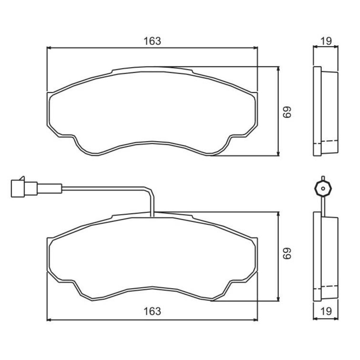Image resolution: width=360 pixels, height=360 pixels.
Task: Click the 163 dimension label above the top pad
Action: click(x=152, y=41)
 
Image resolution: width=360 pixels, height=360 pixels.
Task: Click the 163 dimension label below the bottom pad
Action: click(x=152, y=311)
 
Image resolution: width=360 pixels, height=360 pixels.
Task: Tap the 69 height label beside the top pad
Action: click(x=287, y=112)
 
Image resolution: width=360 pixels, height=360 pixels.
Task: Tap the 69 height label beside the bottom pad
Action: click(x=287, y=253)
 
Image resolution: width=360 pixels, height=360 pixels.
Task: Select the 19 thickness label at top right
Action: click(x=326, y=41)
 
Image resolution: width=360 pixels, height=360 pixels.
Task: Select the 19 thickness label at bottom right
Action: click(x=326, y=311)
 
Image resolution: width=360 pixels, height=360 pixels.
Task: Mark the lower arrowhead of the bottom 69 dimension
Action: click(x=279, y=299)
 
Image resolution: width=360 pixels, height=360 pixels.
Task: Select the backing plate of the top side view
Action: click(x=317, y=111)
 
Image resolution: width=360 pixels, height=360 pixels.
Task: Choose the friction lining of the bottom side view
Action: click(x=330, y=258)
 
